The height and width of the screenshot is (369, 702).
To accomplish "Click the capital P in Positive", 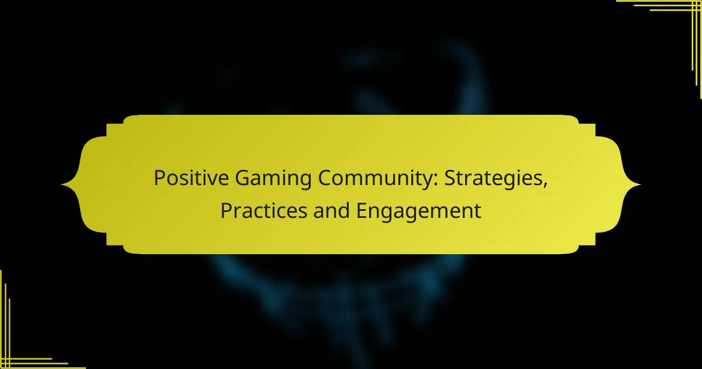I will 159,179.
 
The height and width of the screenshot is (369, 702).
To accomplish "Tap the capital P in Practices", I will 225,210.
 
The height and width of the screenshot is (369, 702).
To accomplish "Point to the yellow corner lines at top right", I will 690,12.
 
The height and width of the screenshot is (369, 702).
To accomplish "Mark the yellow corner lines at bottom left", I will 12,357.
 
